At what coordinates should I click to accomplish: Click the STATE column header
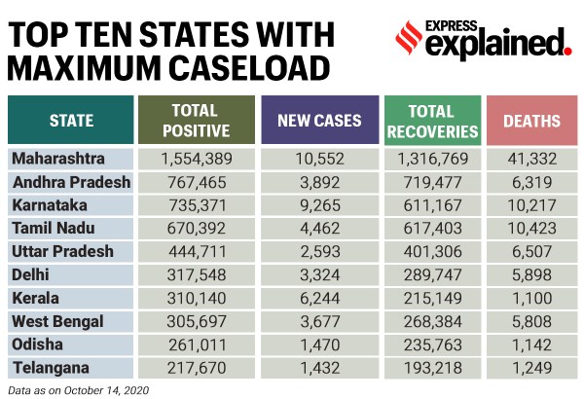(x=71, y=122)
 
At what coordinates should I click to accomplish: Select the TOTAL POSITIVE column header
(x=199, y=122)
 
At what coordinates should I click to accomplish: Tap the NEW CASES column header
(x=319, y=122)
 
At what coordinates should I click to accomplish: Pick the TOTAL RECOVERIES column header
(x=432, y=122)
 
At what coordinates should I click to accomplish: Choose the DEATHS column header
(x=531, y=122)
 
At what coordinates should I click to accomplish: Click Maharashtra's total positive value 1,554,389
(x=199, y=159)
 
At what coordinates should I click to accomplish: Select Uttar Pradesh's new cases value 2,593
(x=319, y=250)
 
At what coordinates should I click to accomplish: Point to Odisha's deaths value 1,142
(x=531, y=344)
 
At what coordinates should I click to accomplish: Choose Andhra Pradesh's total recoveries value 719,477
(x=432, y=182)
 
